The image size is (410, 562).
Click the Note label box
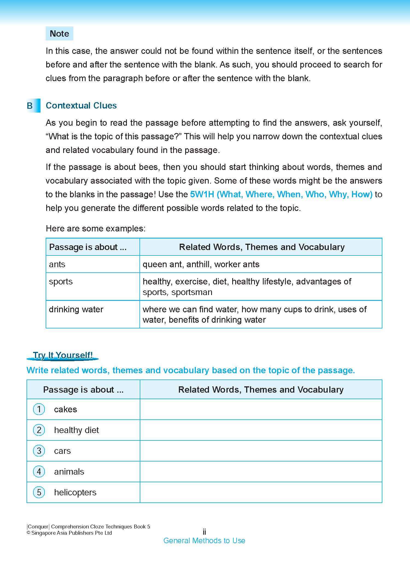(x=59, y=34)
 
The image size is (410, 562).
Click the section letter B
(x=30, y=106)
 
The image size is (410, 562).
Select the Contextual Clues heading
(x=81, y=106)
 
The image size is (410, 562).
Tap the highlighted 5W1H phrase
(x=281, y=195)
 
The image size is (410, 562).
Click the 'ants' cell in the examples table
(x=57, y=264)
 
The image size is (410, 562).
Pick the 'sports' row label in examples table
(x=61, y=281)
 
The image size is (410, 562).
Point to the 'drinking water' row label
(x=76, y=309)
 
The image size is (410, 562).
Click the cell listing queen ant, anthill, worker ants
(x=201, y=264)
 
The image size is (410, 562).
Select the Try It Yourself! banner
(x=63, y=355)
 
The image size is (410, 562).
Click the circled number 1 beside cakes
(x=39, y=409)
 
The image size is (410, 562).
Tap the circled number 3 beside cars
(x=39, y=451)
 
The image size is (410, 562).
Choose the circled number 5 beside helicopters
(x=39, y=492)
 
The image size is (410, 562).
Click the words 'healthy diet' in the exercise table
(x=76, y=430)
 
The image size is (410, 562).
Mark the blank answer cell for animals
(x=261, y=472)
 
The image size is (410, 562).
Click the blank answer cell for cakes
(x=261, y=409)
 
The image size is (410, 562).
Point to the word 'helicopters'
(x=75, y=492)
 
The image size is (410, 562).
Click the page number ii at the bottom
(x=204, y=532)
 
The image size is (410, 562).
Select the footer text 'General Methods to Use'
(x=204, y=541)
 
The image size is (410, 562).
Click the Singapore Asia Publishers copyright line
(x=69, y=533)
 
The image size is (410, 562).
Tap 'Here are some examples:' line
(x=96, y=228)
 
